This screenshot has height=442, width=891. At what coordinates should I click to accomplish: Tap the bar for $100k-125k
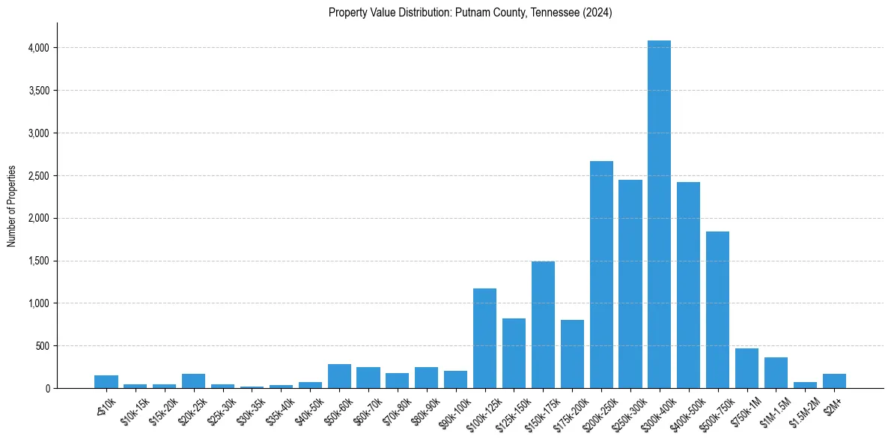coord(484,338)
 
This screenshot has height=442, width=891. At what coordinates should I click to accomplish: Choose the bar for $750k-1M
coord(746,368)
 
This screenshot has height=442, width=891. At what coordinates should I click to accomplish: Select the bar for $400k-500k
coord(688,285)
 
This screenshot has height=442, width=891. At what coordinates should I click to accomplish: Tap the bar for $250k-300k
coord(630,284)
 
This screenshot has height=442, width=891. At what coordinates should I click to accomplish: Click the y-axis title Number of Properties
coord(11,206)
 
